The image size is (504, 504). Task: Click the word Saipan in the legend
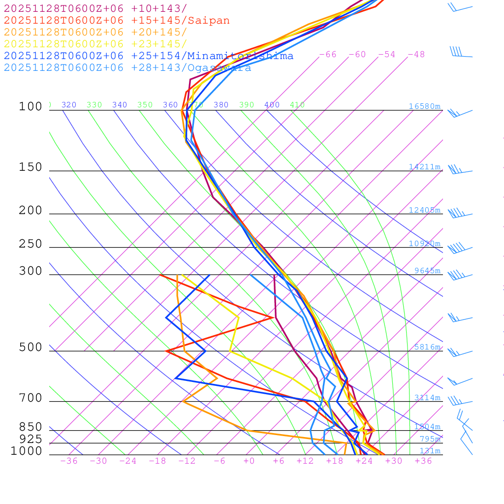coord(209,21)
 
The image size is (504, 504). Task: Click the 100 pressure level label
coord(31,106)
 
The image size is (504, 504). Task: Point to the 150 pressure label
coord(31,167)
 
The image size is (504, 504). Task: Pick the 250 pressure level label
coord(31,244)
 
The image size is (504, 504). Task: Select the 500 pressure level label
coord(31,347)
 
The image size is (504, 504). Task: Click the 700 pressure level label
coord(31,398)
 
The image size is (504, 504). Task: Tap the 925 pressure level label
coord(31,439)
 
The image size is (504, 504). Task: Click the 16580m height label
coord(425,106)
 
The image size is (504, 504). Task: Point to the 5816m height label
coord(427,347)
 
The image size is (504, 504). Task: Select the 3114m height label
coord(427,398)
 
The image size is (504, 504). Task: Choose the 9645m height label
coord(427,271)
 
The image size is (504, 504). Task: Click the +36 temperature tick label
coord(423,461)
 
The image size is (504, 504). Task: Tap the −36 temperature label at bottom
coord(68,461)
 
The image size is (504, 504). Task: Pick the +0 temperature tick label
coord(249,461)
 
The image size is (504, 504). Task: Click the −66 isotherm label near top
coord(328,54)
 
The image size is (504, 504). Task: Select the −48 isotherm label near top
coord(416,54)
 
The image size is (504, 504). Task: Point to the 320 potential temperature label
coord(69,105)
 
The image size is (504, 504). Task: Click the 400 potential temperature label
coord(272,105)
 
